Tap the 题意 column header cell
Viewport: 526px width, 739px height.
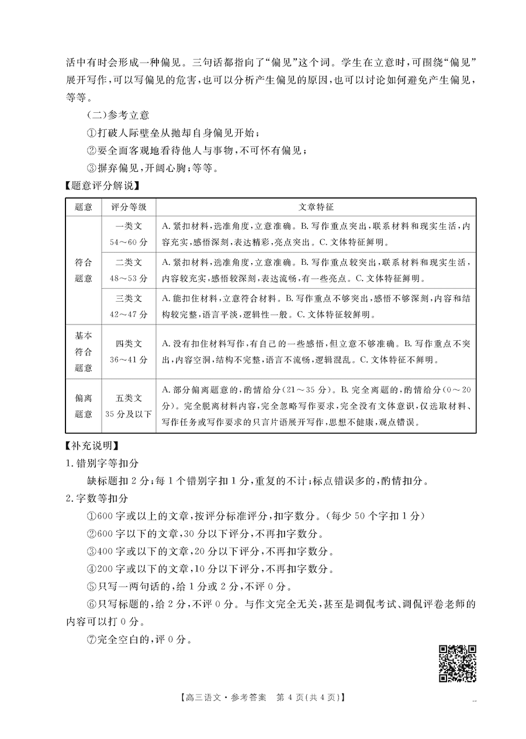click(x=84, y=207)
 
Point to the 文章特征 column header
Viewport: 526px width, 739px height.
click(x=316, y=207)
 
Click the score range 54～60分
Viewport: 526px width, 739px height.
click(x=129, y=241)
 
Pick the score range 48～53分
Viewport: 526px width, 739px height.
click(x=129, y=278)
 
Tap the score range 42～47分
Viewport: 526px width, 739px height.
click(x=129, y=314)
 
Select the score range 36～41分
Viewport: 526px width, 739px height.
click(x=129, y=358)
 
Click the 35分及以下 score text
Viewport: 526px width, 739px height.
click(x=129, y=414)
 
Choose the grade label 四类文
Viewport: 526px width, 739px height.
click(x=129, y=344)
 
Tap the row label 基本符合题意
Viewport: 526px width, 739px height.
click(x=84, y=351)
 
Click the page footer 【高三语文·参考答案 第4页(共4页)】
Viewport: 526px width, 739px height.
click(x=262, y=697)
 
